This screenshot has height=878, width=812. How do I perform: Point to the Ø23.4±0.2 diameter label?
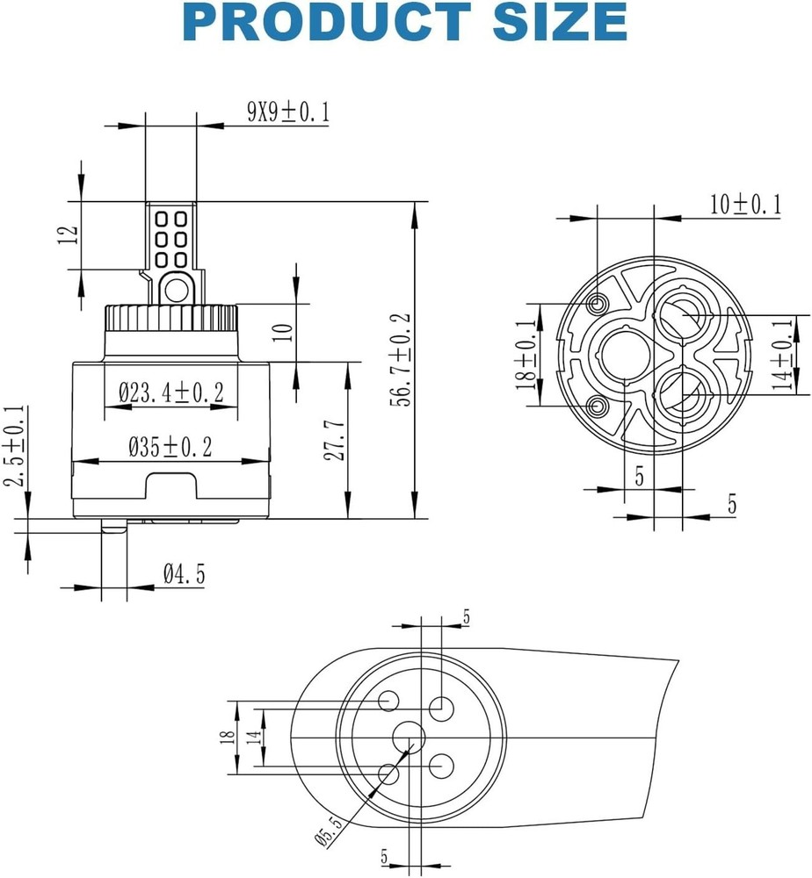point(171,393)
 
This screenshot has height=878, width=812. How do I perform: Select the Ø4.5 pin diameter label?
point(184,575)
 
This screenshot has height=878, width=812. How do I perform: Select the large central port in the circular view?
point(623,356)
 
